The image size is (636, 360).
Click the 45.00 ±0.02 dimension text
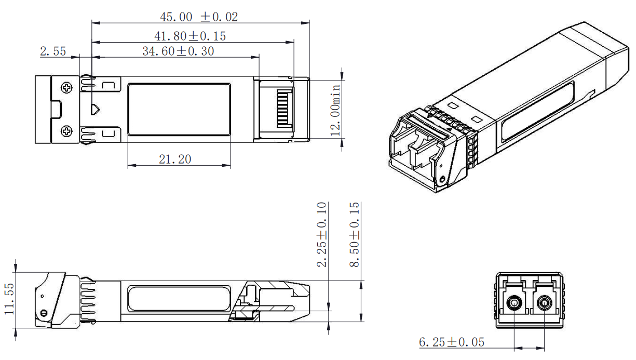pos(199,17)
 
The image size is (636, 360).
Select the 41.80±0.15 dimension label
pos(190,36)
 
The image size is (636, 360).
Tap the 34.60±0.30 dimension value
pos(178,51)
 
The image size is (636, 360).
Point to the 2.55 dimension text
pos(53,51)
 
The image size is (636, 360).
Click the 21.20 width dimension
pos(175,159)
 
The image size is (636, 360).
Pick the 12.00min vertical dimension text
pos(336,110)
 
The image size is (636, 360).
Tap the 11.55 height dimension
pos(9,300)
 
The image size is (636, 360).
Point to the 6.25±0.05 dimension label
pos(451,342)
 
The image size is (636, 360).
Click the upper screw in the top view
pos(67,88)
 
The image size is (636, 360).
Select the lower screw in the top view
pos(67,131)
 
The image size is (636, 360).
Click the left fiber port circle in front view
pos(514,302)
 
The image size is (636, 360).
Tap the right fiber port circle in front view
pos(544,302)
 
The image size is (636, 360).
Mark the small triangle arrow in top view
pos(96,110)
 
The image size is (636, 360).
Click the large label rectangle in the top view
pos(179,110)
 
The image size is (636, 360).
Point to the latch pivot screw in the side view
pos(44,313)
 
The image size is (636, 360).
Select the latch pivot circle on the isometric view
pos(442,180)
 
